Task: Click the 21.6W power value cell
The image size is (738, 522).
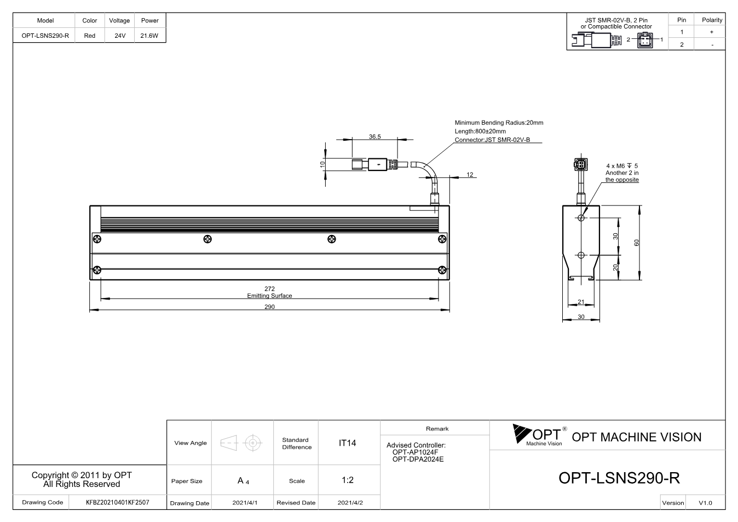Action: [x=149, y=36]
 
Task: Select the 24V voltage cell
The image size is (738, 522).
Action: [x=120, y=36]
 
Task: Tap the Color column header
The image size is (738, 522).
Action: [x=90, y=20]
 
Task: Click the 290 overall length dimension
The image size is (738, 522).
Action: [x=269, y=307]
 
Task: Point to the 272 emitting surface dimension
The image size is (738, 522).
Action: [x=269, y=289]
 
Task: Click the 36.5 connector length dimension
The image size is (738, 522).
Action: [x=375, y=136]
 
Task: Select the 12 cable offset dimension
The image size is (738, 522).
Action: [x=470, y=175]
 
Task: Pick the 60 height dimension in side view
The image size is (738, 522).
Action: [x=637, y=243]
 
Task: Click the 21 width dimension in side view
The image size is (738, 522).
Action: [x=581, y=302]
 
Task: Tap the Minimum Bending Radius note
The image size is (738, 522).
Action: [x=499, y=123]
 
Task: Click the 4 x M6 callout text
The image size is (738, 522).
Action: [x=622, y=166]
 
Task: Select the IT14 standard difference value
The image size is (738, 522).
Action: [x=347, y=443]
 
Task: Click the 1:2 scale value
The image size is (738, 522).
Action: [x=348, y=480]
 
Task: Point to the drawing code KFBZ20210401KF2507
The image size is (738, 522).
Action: [x=118, y=502]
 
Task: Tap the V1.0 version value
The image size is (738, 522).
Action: [x=705, y=503]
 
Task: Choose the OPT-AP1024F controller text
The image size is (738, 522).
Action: [x=415, y=452]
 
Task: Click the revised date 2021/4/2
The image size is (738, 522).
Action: [x=350, y=503]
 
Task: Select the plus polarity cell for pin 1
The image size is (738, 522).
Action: [x=712, y=32]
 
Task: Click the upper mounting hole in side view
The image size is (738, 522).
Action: [x=581, y=218]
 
